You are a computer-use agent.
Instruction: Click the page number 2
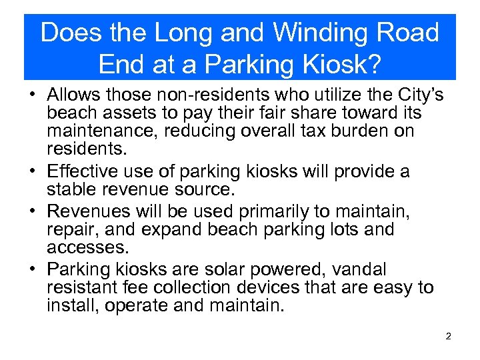point(449,337)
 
